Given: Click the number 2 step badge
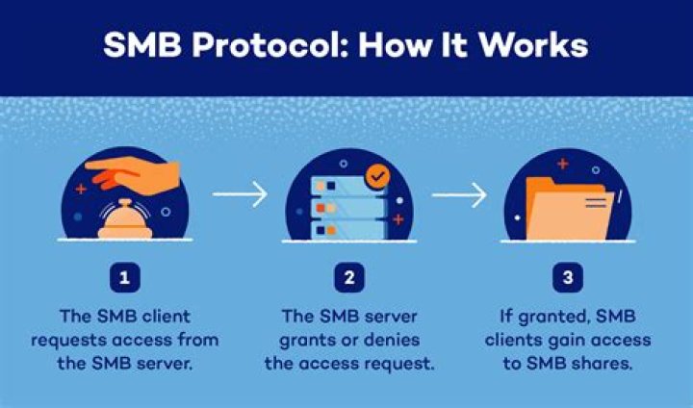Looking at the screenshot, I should click(346, 279).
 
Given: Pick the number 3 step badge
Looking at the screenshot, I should click(566, 279).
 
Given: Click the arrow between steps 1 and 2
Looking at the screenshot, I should click(240, 196).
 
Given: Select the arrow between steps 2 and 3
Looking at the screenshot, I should click(459, 196).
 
